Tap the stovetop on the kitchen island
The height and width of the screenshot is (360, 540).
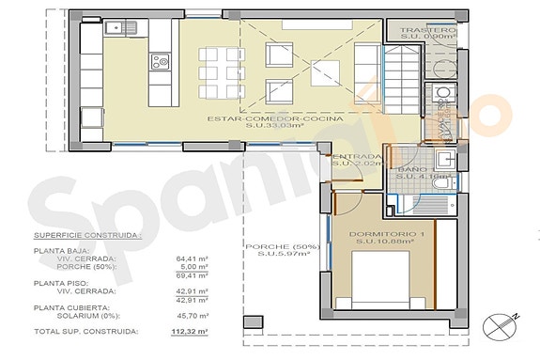click(161, 64)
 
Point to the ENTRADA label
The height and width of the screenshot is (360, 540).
click(355, 157)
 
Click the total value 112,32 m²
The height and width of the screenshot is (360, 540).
click(192, 332)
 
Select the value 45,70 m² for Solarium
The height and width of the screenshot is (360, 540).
click(192, 316)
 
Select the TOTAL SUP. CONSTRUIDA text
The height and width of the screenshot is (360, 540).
click(86, 332)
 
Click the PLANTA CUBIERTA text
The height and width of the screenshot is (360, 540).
click(68, 307)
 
